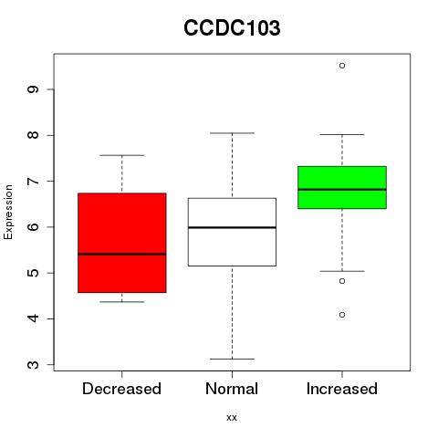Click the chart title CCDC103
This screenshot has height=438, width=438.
232,28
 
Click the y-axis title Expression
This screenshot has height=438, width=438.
8,212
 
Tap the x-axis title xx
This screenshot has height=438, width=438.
232,417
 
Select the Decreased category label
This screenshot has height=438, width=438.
121,389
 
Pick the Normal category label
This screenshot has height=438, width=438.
232,389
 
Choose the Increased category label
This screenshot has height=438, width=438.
342,389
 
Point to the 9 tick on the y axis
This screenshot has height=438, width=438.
33,89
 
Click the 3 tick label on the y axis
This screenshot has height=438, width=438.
33,365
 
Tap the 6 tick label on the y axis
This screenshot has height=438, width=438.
33,227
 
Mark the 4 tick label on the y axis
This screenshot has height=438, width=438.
33,318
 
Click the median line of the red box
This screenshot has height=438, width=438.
122,254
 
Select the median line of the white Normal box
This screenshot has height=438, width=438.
232,227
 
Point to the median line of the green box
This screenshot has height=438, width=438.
342,189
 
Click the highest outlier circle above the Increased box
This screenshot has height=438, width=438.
342,66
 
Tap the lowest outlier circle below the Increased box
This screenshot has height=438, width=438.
342,315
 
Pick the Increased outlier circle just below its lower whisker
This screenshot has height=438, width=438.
342,281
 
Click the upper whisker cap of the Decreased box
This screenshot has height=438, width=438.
122,155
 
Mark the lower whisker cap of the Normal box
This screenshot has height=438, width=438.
232,359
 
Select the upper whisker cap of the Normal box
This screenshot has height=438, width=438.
232,133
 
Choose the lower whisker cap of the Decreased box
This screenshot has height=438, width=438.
122,302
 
